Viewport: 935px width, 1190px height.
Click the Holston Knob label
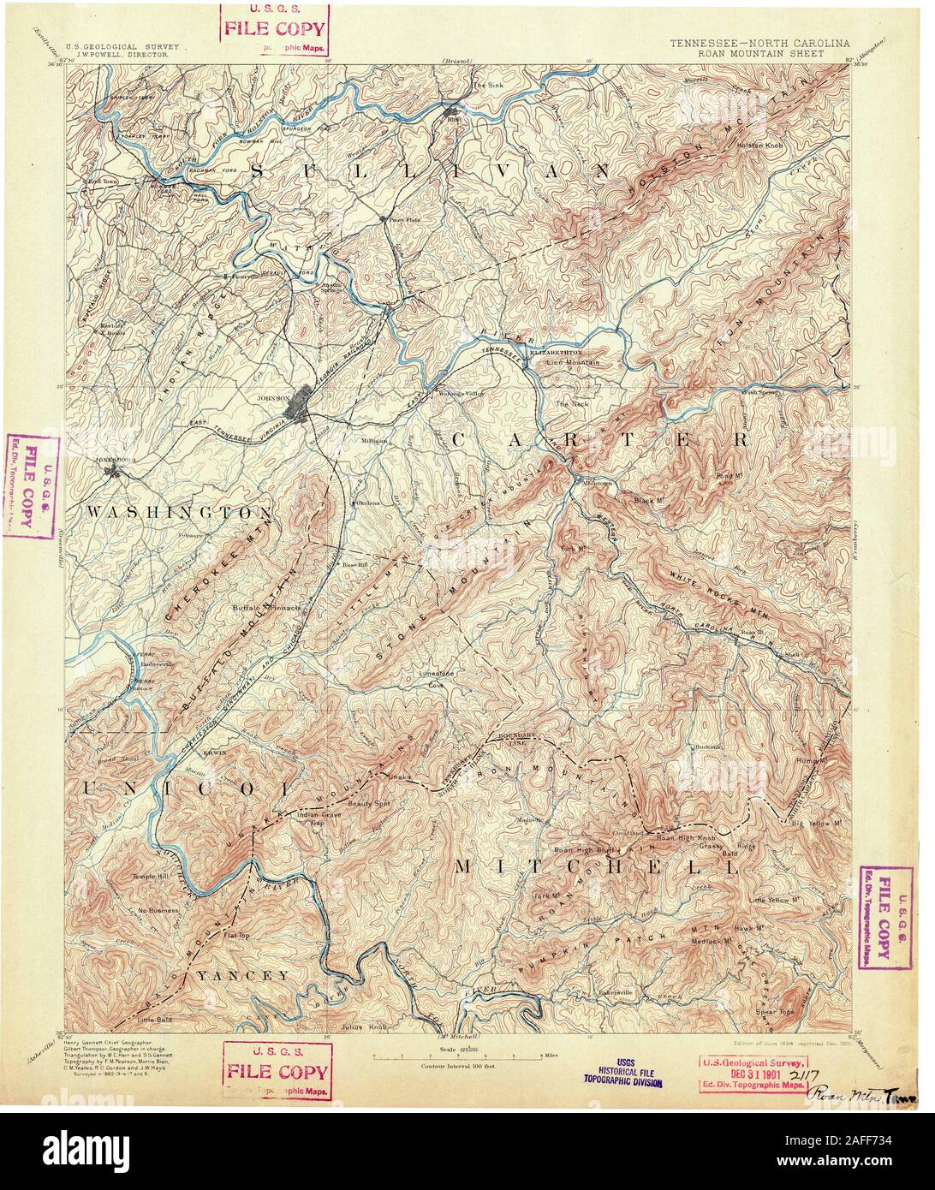pyautogui.click(x=754, y=146)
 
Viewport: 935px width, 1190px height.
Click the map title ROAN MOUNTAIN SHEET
pyautogui.click(x=748, y=52)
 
